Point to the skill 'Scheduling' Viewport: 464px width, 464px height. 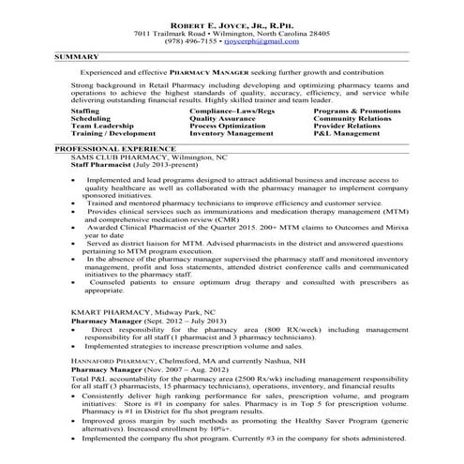pos(90,119)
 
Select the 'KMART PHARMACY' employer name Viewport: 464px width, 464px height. pos(111,311)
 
